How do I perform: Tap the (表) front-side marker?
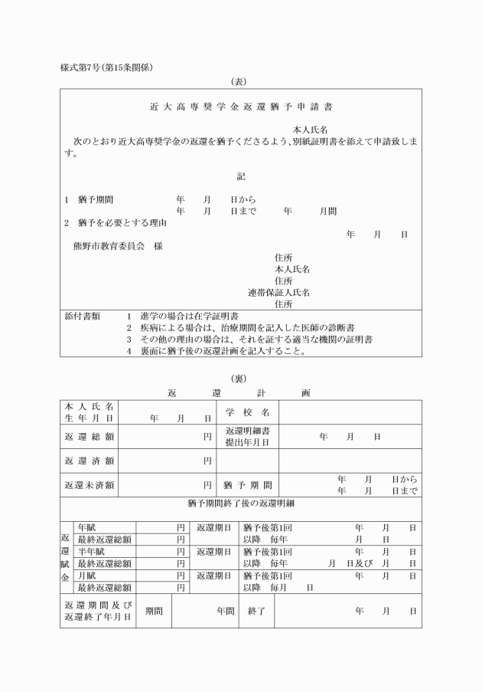(x=240, y=81)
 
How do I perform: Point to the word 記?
(x=241, y=175)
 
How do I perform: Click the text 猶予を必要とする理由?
(x=122, y=223)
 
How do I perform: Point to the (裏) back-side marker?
(x=240, y=379)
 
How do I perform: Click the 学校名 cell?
(x=247, y=412)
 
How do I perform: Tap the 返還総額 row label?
(x=90, y=436)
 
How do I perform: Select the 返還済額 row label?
(x=90, y=461)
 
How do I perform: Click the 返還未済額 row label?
(x=90, y=485)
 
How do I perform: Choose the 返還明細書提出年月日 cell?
(x=247, y=436)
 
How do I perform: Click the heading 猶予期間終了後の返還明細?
(x=240, y=503)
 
